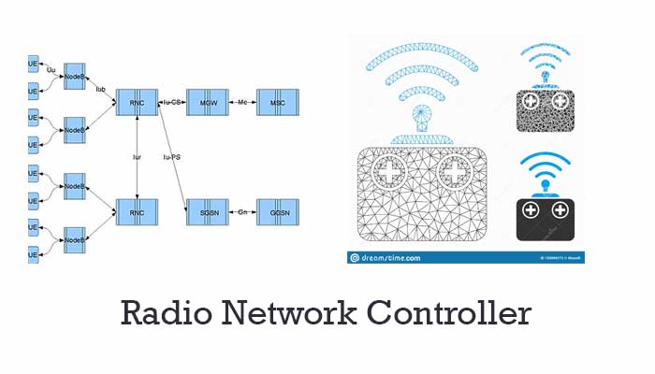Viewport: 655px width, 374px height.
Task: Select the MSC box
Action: point(278,101)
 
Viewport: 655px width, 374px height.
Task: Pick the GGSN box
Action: point(278,212)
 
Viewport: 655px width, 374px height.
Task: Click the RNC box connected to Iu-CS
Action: point(137,101)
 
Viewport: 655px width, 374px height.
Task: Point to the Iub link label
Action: point(100,90)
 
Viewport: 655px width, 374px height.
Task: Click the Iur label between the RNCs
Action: point(137,157)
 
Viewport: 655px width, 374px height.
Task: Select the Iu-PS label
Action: point(171,157)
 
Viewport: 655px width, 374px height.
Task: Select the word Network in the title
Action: point(289,313)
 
